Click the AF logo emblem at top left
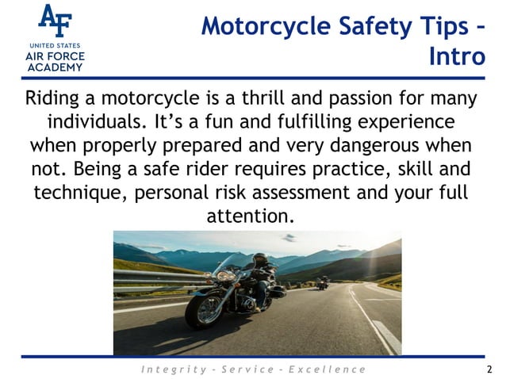(x=55, y=21)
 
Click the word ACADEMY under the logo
(x=55, y=67)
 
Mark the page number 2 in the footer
(x=489, y=369)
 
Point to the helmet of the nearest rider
(x=260, y=259)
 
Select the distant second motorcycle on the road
(x=322, y=282)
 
